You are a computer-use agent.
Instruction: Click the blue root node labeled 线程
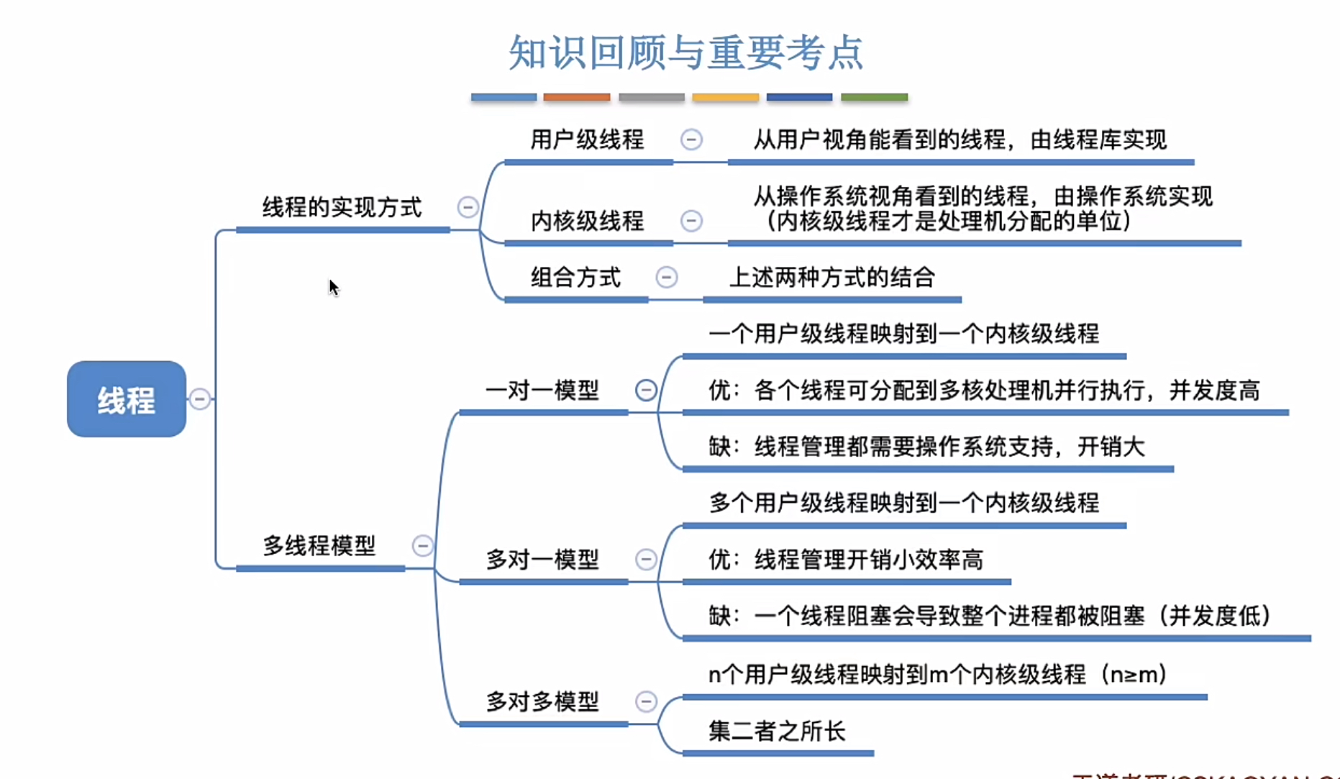127,399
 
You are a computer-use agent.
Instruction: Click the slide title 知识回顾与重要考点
685,53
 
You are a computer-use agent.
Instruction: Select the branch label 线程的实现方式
342,208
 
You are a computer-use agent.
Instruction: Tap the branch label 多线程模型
319,546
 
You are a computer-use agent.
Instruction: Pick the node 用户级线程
587,140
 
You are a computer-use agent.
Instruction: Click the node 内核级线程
587,221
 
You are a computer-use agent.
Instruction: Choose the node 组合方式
575,278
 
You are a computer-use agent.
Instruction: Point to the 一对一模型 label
542,391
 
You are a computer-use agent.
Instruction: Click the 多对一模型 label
542,560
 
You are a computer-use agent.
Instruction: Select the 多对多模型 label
542,701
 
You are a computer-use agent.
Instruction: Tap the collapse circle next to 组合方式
667,277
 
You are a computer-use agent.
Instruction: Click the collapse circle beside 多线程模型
423,546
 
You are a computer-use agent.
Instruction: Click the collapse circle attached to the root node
200,398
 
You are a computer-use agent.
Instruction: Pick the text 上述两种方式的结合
832,278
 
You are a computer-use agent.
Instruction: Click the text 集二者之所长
777,732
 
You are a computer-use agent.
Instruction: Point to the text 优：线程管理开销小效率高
846,560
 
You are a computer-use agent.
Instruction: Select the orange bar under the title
577,97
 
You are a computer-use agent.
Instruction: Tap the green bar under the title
874,97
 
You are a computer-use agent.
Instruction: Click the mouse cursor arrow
333,288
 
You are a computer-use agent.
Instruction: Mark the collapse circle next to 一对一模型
646,391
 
